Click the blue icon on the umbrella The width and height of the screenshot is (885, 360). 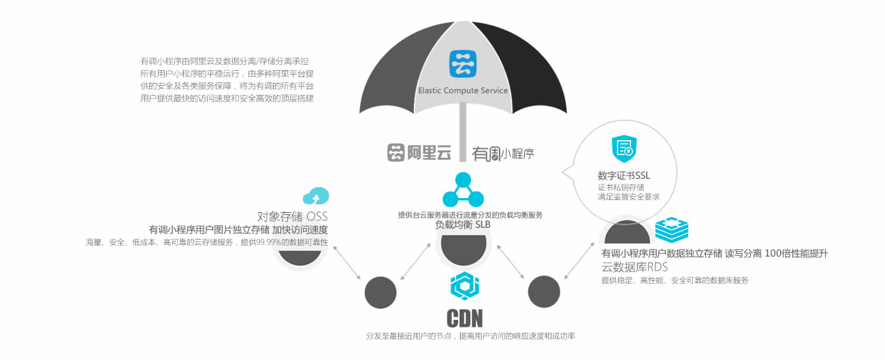tap(463, 63)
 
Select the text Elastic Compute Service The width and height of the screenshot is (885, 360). tap(463, 90)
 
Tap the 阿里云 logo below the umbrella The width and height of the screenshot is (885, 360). tap(419, 152)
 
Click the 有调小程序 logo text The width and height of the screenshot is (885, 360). tap(503, 154)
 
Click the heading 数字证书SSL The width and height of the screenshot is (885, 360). tap(624, 176)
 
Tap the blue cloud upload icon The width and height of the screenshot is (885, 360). tap(315, 196)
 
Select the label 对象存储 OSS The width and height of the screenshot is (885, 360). tap(293, 216)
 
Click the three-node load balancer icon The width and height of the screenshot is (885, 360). tap(463, 190)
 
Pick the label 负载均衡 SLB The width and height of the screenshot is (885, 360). tap(463, 225)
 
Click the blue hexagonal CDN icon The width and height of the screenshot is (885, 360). tap(465, 286)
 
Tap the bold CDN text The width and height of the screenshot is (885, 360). tap(464, 318)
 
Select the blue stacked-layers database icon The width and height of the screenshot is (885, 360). tap(671, 231)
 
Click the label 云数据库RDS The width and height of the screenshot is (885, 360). tap(635, 267)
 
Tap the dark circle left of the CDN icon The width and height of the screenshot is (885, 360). tap(381, 293)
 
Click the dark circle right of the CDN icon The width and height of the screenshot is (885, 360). tap(544, 292)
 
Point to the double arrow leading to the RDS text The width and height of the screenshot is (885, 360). tap(577, 263)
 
